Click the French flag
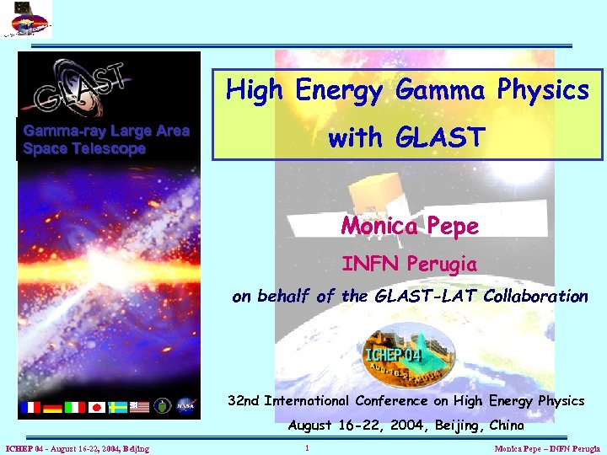point(30,407)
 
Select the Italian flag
point(75,407)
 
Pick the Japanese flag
point(97,407)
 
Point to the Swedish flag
point(118,407)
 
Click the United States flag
point(139,407)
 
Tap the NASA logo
point(185,406)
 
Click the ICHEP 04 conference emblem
point(407,354)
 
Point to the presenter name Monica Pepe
point(409,226)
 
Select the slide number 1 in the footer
point(308,448)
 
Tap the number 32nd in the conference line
point(244,401)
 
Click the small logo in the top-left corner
point(26,19)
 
